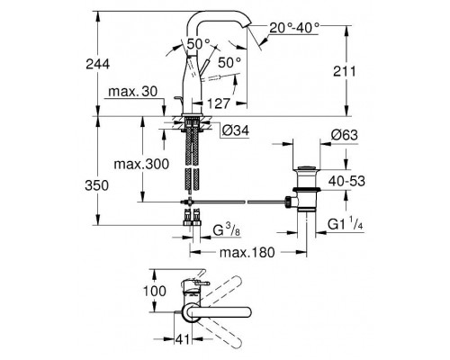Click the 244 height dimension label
tap(98, 64)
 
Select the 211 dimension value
tap(345, 71)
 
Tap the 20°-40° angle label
tap(294, 28)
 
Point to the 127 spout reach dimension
tap(219, 103)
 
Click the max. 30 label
tap(132, 92)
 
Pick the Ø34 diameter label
tap(236, 130)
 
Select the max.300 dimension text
tap(141, 164)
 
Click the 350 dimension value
tap(96, 185)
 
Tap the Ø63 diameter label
tap(345, 135)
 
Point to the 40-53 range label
tap(346, 181)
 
